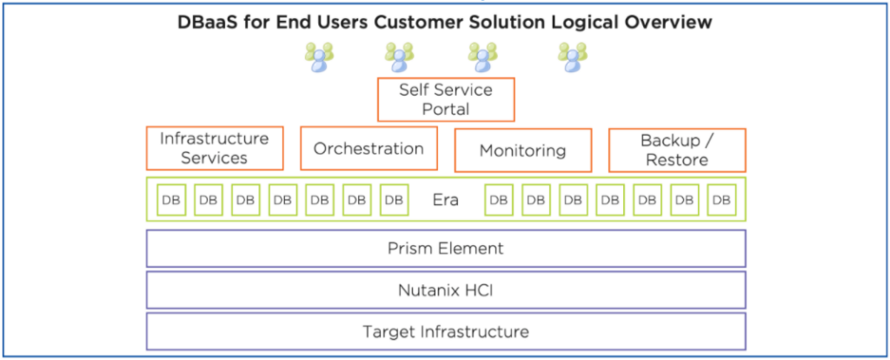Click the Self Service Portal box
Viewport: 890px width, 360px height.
pyautogui.click(x=446, y=99)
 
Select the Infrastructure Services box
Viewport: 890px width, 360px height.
pyautogui.click(x=215, y=148)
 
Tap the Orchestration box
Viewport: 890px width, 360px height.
pyautogui.click(x=369, y=149)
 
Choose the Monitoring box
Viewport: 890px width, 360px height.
pyautogui.click(x=522, y=150)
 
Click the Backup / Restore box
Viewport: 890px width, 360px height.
pyautogui.click(x=676, y=150)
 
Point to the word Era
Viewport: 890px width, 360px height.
pyautogui.click(x=446, y=199)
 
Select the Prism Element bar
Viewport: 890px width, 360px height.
pyautogui.click(x=446, y=248)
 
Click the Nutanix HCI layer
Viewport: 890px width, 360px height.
pyautogui.click(x=446, y=290)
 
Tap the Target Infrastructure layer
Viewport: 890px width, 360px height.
pyautogui.click(x=446, y=331)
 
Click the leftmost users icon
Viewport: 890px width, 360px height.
pyautogui.click(x=318, y=57)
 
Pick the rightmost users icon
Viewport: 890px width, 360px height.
pyautogui.click(x=573, y=57)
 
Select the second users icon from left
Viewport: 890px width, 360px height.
pyautogui.click(x=399, y=57)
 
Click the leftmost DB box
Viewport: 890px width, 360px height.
pyautogui.click(x=170, y=199)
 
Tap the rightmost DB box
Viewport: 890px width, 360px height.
pyautogui.click(x=721, y=199)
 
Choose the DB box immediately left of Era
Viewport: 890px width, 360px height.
pyautogui.click(x=394, y=199)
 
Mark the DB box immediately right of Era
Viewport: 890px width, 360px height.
pyautogui.click(x=498, y=199)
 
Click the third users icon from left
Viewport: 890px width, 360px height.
pyautogui.click(x=482, y=57)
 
